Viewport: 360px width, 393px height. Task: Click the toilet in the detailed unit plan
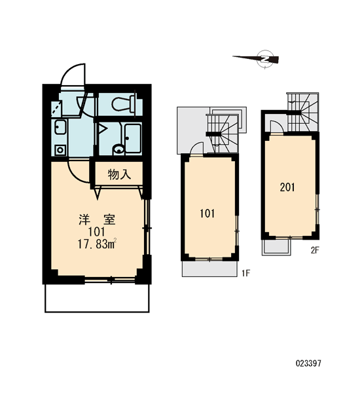coord(124,103)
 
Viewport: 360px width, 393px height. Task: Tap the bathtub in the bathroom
coord(133,138)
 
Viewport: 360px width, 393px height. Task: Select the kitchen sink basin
coord(60,127)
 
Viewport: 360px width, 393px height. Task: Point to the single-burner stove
coord(60,150)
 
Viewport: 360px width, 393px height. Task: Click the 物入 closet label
coord(119,174)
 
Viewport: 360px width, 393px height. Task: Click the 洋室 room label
coord(98,219)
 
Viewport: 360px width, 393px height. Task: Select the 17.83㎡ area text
coord(97,244)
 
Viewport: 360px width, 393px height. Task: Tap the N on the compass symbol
coord(265,60)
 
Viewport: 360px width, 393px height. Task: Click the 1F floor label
coord(246,273)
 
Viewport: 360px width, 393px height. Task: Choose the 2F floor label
coord(315,250)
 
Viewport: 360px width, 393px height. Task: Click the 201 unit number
coord(287,187)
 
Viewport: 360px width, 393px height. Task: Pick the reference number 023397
coord(308,363)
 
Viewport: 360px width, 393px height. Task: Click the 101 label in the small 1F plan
coord(207,214)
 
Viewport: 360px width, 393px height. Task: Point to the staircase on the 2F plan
coord(302,112)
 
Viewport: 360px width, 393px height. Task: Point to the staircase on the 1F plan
coord(222,134)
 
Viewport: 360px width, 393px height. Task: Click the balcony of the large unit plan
coord(97,298)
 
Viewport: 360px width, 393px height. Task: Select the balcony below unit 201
coord(276,248)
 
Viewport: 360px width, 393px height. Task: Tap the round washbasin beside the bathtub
coord(118,149)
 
